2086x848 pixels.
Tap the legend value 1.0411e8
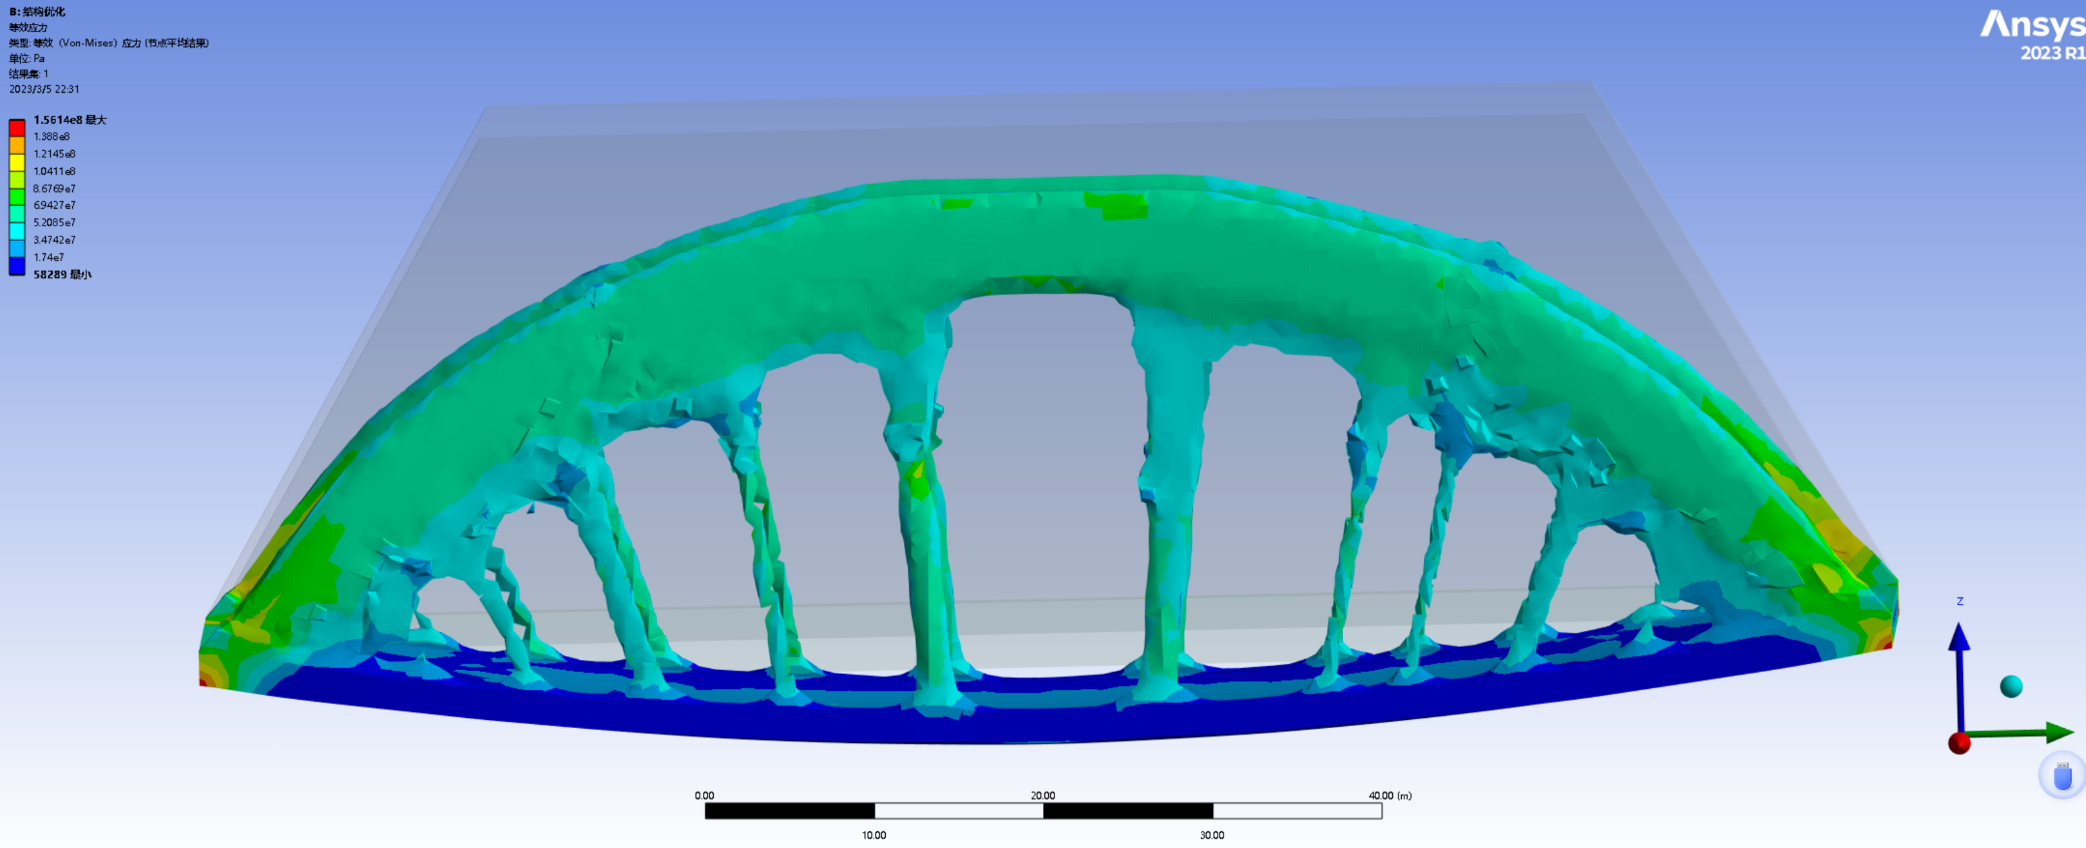[x=54, y=171]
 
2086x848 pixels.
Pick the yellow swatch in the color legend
[x=17, y=162]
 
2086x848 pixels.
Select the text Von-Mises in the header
[x=89, y=43]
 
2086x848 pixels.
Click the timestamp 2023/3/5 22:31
[x=44, y=89]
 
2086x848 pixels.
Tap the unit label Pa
[x=39, y=58]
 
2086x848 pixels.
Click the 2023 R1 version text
[x=2051, y=53]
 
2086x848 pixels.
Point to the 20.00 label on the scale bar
[x=1042, y=795]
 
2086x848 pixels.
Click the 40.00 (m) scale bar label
[x=1390, y=795]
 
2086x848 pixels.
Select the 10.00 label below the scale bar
[x=874, y=835]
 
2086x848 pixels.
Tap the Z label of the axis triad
[x=1960, y=601]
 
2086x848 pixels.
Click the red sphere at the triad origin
[x=1959, y=743]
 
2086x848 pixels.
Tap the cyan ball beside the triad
[x=2011, y=686]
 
